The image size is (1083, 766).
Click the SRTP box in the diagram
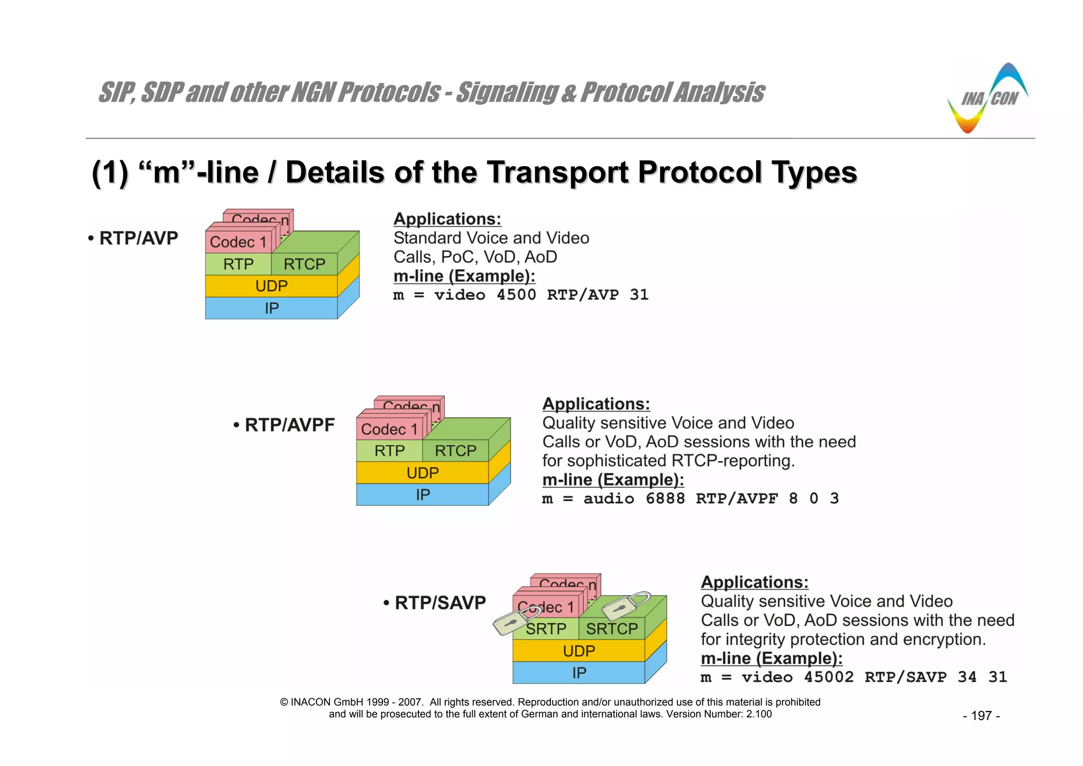coord(546,629)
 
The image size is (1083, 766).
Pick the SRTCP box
coord(612,629)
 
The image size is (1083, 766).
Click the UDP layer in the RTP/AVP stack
coord(271,286)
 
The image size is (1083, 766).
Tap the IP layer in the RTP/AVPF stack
coord(423,495)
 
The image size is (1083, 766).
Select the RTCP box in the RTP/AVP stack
coord(304,264)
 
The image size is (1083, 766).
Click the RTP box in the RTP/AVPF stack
coord(390,451)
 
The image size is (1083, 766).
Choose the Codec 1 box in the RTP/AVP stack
coord(238,242)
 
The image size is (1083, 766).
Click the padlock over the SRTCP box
coord(626,605)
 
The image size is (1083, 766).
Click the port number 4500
coord(516,295)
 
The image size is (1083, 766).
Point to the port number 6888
coord(665,499)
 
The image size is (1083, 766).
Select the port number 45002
coord(829,677)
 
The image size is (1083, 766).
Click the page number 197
coord(981,716)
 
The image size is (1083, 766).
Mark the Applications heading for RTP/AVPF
coord(596,404)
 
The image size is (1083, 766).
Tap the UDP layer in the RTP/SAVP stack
coord(579,651)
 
